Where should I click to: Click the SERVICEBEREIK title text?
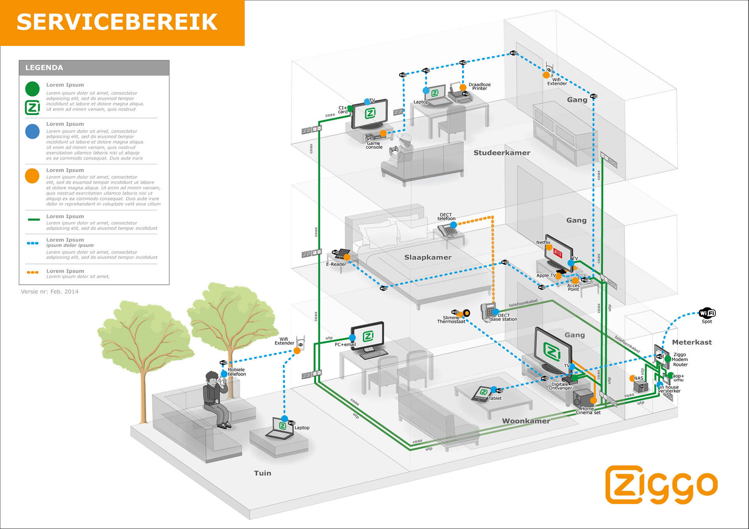point(117,22)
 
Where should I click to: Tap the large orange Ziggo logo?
point(661,484)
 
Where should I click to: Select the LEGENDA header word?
point(44,67)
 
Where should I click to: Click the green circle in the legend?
point(32,89)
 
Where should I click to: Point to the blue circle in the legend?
point(32,132)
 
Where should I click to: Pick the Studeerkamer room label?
point(502,153)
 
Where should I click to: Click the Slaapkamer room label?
point(428,257)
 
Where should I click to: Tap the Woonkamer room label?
point(526,421)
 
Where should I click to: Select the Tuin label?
point(263,473)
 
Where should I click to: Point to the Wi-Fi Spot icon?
point(707,313)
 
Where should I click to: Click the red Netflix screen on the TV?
point(558,254)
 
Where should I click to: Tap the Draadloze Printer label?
point(479,87)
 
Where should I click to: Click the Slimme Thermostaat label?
point(451,320)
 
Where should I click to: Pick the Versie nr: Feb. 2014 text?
point(50,292)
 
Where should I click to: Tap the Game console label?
point(374,145)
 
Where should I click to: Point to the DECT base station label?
point(504,317)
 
